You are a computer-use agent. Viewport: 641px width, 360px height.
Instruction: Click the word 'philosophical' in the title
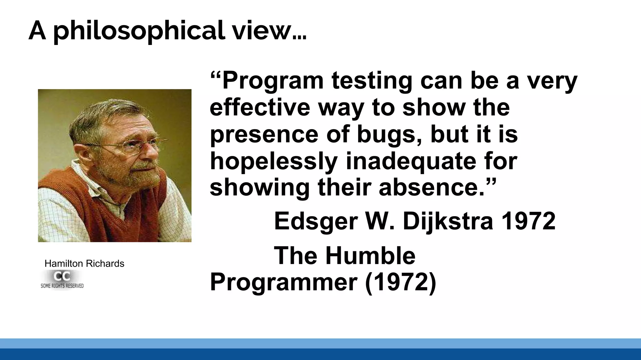pyautogui.click(x=139, y=31)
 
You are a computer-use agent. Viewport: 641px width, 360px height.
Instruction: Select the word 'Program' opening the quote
pyautogui.click(x=273, y=81)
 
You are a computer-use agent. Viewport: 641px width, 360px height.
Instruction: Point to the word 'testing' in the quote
pyautogui.click(x=372, y=81)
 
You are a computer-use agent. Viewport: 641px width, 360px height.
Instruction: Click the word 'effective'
pyautogui.click(x=260, y=107)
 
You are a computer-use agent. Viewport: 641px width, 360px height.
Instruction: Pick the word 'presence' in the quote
pyautogui.click(x=264, y=134)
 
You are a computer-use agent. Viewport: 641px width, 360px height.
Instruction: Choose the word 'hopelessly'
pyautogui.click(x=274, y=161)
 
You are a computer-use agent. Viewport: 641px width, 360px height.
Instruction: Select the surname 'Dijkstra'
pyautogui.click(x=448, y=221)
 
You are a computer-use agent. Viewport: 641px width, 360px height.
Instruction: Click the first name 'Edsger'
pyautogui.click(x=316, y=221)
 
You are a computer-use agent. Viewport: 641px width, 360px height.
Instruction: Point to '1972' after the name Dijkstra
pyautogui.click(x=529, y=221)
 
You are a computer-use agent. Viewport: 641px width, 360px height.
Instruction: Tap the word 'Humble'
pyautogui.click(x=370, y=256)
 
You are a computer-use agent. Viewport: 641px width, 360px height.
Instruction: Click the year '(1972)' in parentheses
pyautogui.click(x=400, y=282)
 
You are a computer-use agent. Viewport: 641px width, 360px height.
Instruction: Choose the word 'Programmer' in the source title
pyautogui.click(x=284, y=282)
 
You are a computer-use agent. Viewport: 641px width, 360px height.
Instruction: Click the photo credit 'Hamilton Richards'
pyautogui.click(x=84, y=263)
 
